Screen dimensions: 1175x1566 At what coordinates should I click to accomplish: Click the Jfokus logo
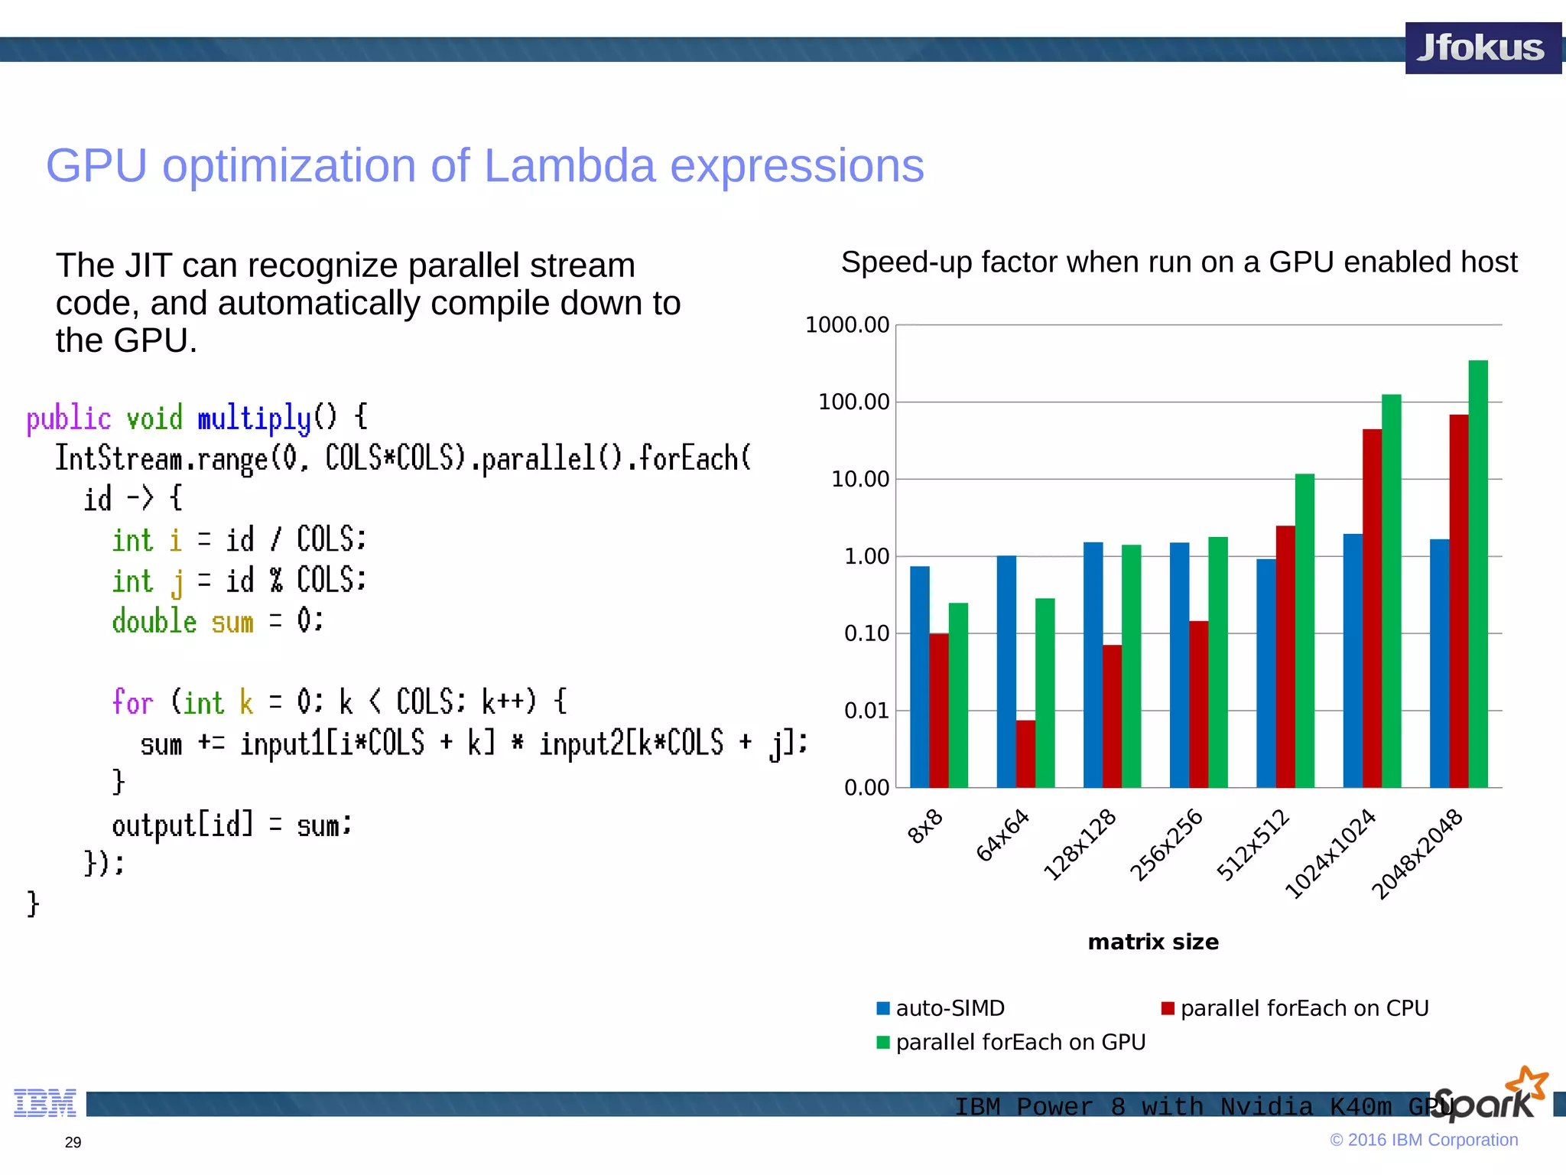coord(1481,48)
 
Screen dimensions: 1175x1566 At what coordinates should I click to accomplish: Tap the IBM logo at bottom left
coord(45,1102)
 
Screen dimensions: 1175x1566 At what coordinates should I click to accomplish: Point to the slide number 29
coord(73,1142)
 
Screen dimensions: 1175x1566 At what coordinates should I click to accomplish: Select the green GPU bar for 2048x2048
coord(1478,574)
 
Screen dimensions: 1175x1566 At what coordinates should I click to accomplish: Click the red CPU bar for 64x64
coord(1025,753)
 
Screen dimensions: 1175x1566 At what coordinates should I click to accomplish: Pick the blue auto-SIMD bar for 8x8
coord(919,677)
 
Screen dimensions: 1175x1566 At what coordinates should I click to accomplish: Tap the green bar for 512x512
coord(1304,631)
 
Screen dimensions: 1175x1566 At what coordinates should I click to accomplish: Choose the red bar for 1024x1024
coord(1372,608)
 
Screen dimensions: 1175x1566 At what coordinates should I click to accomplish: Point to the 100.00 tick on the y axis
coord(853,402)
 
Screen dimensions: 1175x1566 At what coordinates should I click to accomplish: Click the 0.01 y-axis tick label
coord(866,711)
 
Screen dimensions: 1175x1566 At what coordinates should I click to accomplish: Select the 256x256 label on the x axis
coord(1166,845)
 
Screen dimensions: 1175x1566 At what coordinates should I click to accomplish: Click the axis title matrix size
coord(1153,942)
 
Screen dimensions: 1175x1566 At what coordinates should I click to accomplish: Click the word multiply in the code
coord(254,418)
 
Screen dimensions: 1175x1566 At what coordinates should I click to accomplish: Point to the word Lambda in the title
coord(569,165)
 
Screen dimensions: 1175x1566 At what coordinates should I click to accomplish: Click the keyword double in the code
coord(154,621)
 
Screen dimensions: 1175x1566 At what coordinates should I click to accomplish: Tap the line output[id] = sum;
coord(231,825)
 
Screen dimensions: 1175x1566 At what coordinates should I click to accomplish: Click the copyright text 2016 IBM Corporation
coord(1431,1140)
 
